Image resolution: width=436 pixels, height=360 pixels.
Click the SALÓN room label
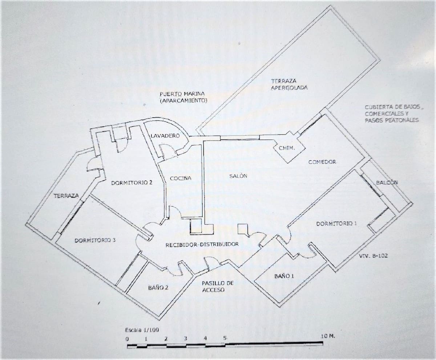click(x=238, y=176)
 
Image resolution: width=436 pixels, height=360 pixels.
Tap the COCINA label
click(x=181, y=178)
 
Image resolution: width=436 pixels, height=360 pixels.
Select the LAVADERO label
click(x=165, y=136)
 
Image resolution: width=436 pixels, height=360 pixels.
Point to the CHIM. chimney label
click(x=287, y=148)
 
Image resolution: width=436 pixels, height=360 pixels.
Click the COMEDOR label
click(x=322, y=162)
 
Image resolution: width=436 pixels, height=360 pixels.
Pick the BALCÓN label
click(x=387, y=182)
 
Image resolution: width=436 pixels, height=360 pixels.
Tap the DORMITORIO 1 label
click(x=336, y=224)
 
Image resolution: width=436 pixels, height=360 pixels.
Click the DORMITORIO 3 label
click(x=95, y=240)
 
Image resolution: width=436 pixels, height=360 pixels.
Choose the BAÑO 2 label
click(x=158, y=288)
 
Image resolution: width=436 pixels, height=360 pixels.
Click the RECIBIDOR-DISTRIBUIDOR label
click(x=202, y=244)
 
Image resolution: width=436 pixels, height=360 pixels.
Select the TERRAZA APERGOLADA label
click(x=289, y=84)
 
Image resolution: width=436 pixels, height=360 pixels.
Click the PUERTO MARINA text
click(x=182, y=94)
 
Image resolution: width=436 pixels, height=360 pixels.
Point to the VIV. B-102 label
click(x=373, y=256)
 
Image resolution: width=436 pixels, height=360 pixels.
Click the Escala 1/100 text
click(x=142, y=330)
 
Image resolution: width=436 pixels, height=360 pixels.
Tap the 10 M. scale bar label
click(x=328, y=336)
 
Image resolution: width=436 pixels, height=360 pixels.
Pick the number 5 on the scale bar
click(x=225, y=337)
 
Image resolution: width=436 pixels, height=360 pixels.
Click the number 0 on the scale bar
click(x=127, y=339)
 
